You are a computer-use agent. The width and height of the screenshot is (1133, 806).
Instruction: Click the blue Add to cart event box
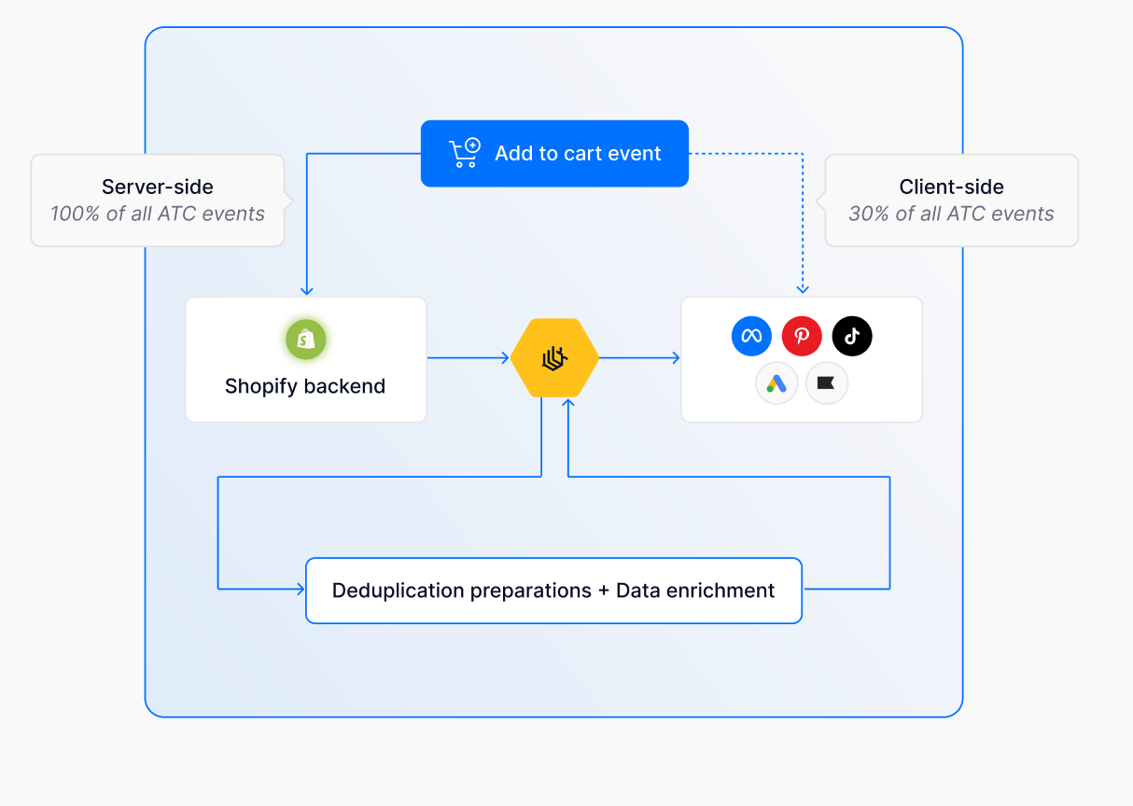point(554,154)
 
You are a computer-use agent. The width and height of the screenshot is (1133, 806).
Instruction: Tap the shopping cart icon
point(464,153)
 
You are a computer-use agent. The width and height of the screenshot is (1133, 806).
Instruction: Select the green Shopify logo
point(306,340)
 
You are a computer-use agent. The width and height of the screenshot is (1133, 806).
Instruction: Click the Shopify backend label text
point(305,386)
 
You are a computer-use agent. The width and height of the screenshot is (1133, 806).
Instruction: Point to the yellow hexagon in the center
point(555,358)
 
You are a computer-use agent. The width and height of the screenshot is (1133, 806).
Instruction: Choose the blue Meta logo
point(751,336)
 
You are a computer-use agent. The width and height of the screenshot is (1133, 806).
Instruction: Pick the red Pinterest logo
point(802,336)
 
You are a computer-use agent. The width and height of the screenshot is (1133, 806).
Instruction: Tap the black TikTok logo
point(852,336)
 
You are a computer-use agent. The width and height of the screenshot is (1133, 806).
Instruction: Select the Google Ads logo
point(776,383)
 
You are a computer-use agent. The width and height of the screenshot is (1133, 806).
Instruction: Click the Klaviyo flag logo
point(826,383)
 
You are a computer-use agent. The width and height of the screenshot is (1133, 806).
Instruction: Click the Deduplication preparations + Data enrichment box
point(553,591)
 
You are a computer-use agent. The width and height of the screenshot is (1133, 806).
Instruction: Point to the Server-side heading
point(158,187)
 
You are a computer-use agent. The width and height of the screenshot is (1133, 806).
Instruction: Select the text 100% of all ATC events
point(158,214)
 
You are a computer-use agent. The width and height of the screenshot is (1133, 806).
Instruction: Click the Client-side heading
point(951,187)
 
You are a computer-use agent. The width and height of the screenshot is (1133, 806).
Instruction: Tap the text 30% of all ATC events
point(951,214)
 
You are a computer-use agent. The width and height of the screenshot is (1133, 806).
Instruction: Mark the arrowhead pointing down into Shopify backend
point(307,290)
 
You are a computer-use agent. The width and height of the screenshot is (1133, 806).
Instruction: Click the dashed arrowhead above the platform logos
point(803,289)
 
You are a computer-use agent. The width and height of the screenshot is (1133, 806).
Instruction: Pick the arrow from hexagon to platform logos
point(639,358)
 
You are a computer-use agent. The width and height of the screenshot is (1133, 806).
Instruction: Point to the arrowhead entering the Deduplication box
point(300,589)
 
